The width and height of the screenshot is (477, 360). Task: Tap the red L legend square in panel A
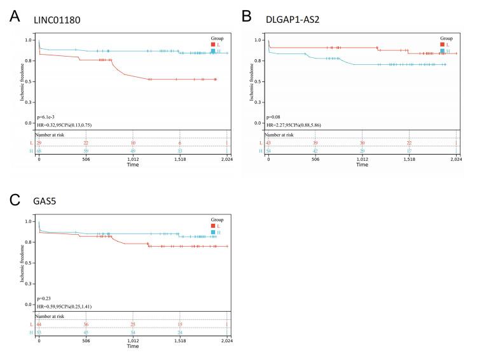pyautogui.click(x=214, y=44)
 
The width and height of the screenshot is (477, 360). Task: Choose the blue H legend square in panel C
pyautogui.click(x=214, y=232)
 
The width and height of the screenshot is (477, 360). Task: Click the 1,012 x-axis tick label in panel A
pyautogui.click(x=133, y=159)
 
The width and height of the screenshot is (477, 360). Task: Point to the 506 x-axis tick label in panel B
pyautogui.click(x=315, y=159)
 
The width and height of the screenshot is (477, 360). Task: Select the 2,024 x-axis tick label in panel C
pyautogui.click(x=226, y=341)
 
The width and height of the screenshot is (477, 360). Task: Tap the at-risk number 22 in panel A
pyautogui.click(x=86, y=143)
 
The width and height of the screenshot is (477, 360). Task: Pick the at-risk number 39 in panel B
pyautogui.click(x=315, y=143)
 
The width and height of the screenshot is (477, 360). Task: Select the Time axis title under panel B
pyautogui.click(x=362, y=165)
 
